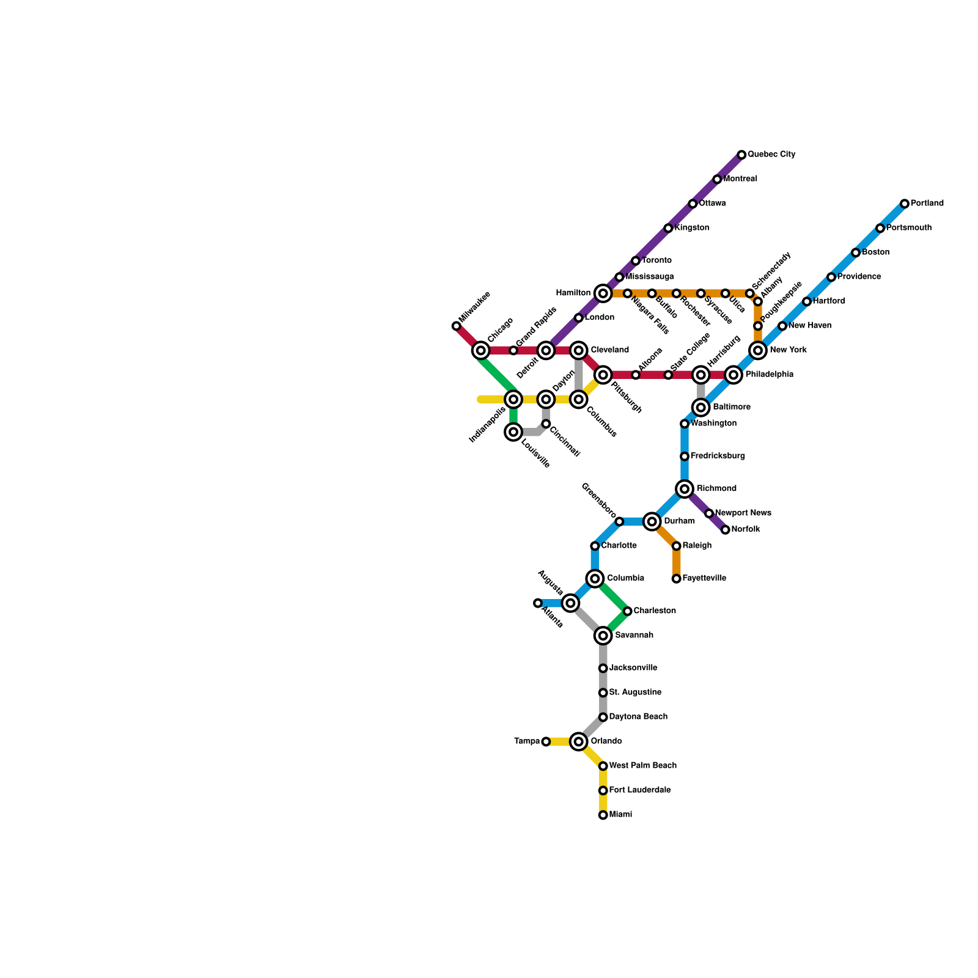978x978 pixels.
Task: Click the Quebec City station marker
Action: (741, 155)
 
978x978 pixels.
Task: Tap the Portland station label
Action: (927, 204)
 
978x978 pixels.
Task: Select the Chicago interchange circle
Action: (481, 350)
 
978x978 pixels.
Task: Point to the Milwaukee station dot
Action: (456, 326)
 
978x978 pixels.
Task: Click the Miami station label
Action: (620, 815)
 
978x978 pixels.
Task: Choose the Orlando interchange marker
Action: (578, 741)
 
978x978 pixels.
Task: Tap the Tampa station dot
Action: (546, 741)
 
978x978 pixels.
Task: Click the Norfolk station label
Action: (745, 529)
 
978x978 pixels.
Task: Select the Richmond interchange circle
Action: (685, 488)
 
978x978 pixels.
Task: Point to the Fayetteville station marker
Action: (676, 578)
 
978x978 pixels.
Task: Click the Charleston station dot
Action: (627, 611)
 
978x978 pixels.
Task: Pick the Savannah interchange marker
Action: (603, 636)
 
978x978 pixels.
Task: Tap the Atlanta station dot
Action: (537, 603)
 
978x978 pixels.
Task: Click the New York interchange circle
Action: (758, 350)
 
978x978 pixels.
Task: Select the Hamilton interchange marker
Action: (603, 293)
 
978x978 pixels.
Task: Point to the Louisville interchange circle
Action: (513, 432)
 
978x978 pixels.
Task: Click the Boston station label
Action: (875, 252)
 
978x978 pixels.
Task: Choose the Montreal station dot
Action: (717, 179)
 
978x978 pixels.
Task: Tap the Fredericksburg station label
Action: (717, 456)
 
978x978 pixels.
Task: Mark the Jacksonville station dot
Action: (603, 668)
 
